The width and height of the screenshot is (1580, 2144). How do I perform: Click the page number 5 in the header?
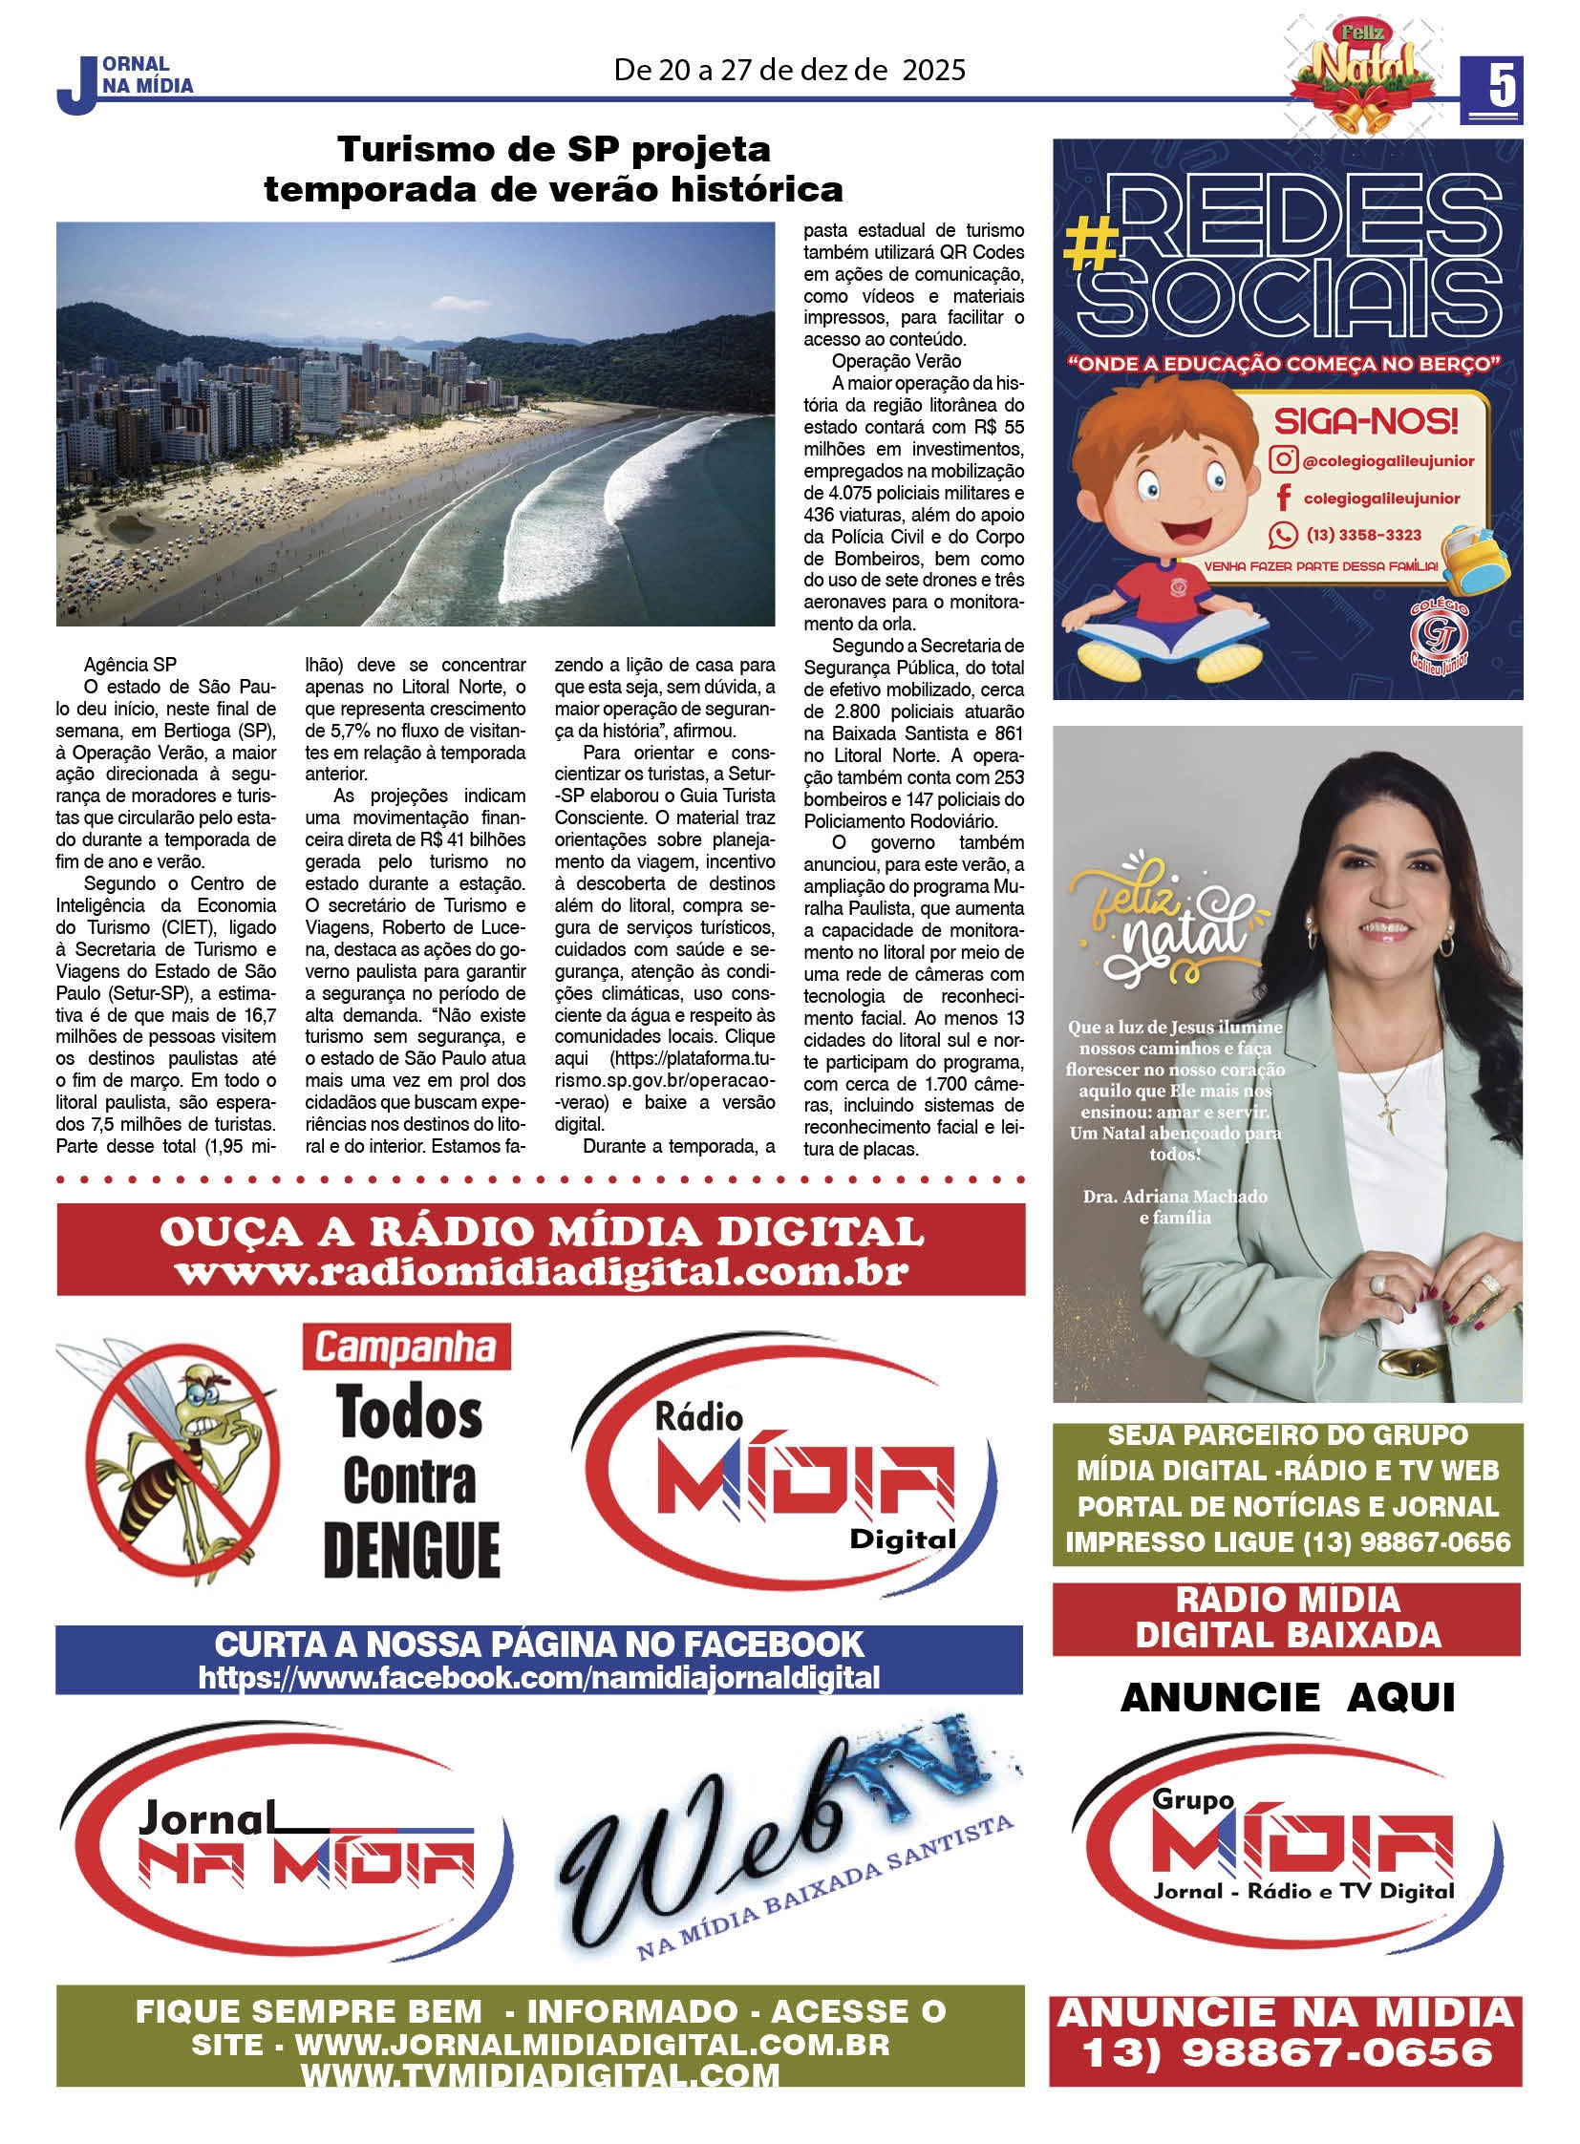[1501, 86]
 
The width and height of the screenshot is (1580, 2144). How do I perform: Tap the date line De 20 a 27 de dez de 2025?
[789, 70]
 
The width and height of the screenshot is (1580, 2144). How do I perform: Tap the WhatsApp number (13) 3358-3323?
[1364, 535]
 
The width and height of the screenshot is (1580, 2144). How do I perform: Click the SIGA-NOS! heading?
[1366, 420]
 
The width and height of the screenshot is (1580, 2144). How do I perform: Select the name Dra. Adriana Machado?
[1174, 1197]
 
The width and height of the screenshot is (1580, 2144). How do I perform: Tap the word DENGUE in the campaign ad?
[412, 1550]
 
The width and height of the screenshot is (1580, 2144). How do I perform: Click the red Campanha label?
[406, 1348]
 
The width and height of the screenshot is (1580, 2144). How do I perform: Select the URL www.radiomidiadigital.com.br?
[542, 1273]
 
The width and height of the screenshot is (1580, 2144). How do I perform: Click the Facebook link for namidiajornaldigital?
[540, 1678]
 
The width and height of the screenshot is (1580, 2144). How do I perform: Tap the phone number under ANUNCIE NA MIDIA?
[1287, 2053]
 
